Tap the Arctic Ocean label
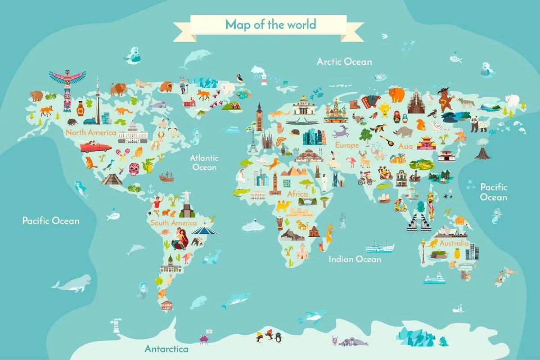(344, 61)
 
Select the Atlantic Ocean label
(204, 162)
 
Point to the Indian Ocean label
(355, 259)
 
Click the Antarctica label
(166, 349)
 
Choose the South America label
(173, 223)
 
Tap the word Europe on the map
(346, 145)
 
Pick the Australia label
(454, 243)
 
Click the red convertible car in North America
(95, 147)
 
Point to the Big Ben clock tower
(259, 118)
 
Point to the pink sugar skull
(134, 169)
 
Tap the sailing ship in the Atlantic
(166, 176)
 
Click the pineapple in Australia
(457, 252)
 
